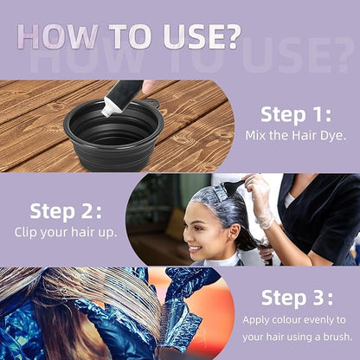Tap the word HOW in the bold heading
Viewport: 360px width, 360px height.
(x=57, y=37)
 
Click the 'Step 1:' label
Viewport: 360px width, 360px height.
(x=296, y=114)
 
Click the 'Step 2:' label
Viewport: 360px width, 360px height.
(x=66, y=211)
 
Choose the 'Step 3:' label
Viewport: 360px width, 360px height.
(x=297, y=298)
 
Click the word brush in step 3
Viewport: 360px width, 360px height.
(x=337, y=337)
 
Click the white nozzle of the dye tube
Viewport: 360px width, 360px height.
(x=107, y=108)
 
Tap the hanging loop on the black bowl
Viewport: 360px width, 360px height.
(x=151, y=102)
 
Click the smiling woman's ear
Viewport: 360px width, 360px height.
(x=234, y=233)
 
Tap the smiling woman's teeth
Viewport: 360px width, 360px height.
(x=195, y=248)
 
